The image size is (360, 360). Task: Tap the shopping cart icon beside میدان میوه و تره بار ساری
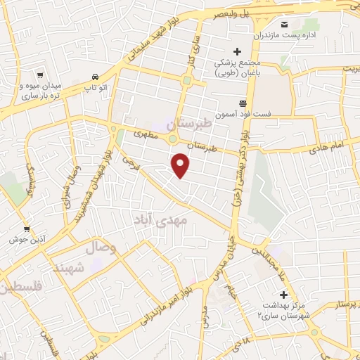point(40,75)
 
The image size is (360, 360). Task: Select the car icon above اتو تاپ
point(94,77)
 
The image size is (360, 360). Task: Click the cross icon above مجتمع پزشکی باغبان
point(237,51)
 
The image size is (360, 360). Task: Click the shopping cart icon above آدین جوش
point(27,229)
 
